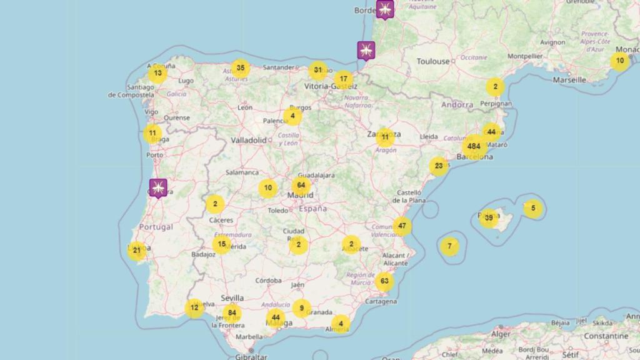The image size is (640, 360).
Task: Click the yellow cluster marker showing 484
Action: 474,147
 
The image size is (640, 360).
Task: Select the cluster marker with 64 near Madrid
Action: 301,186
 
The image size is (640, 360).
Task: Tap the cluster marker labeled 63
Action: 384,281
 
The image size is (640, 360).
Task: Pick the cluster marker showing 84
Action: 232,313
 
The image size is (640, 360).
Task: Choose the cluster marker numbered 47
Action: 402,226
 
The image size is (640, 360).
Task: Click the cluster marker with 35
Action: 241,68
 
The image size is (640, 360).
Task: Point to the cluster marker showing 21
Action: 137,251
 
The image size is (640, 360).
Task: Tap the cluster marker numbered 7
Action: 449,246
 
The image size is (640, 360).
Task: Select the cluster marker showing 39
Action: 489,217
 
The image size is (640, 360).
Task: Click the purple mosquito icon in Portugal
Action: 158,187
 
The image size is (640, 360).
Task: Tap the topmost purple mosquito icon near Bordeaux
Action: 385,9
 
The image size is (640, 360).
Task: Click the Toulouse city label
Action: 434,61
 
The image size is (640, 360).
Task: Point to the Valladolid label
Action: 249,140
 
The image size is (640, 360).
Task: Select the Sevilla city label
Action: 232,298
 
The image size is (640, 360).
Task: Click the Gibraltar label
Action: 250,356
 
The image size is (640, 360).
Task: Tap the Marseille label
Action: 569,80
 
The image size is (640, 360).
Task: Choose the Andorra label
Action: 457,105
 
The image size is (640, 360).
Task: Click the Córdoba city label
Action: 268,281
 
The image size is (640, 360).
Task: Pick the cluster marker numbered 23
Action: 439,166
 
